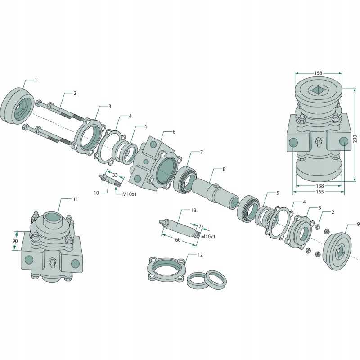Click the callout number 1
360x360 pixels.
[36, 80]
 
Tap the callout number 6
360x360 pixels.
[174, 132]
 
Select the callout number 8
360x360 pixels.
[224, 169]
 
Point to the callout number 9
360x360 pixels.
[358, 224]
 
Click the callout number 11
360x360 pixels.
[75, 198]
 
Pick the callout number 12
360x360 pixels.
[200, 255]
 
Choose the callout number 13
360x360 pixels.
[194, 210]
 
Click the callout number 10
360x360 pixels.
[96, 193]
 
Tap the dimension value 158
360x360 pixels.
[318, 72]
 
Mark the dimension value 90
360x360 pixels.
[15, 241]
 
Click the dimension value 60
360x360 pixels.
[178, 240]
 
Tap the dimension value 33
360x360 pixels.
[115, 175]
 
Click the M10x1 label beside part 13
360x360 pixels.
[207, 236]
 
